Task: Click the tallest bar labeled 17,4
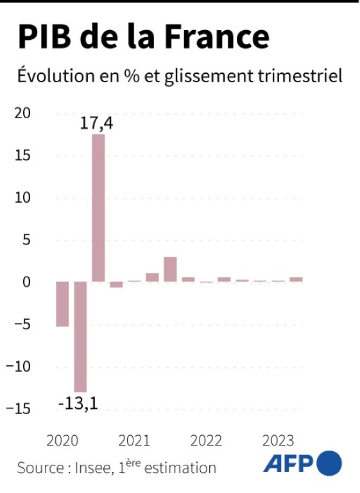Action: [x=98, y=208]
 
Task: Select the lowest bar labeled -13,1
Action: [x=80, y=337]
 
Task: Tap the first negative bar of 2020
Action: [x=62, y=304]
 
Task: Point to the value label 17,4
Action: [x=96, y=123]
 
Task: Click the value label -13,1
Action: [x=78, y=402]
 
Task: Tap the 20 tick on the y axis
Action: [x=22, y=113]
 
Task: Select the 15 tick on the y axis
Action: [x=22, y=155]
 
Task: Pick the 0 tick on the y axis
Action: [x=27, y=282]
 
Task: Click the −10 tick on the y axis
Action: [x=18, y=367]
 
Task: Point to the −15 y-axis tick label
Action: [x=18, y=409]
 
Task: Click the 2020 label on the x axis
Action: [x=62, y=441]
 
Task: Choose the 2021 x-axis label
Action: [x=134, y=441]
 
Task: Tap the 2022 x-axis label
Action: [x=206, y=441]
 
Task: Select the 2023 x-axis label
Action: [x=279, y=441]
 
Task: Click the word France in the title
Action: [x=217, y=37]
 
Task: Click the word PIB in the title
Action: [x=44, y=37]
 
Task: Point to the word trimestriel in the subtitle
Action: [x=300, y=76]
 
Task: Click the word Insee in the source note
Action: [x=93, y=468]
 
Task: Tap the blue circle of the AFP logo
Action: [x=329, y=463]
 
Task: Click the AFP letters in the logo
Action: [x=289, y=463]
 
